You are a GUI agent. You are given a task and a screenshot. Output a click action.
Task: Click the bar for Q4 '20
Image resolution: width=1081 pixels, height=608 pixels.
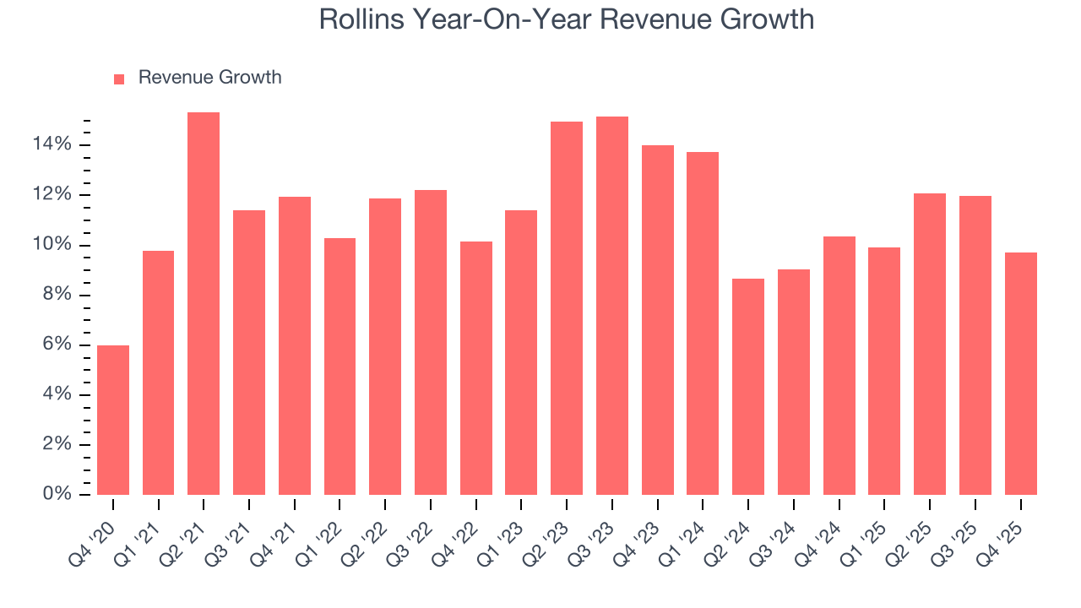[x=113, y=420]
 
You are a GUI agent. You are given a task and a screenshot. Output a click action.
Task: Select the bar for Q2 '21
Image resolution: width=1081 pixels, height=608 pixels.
[x=204, y=303]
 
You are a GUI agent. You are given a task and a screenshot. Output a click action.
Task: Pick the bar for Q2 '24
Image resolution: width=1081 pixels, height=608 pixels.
[x=748, y=387]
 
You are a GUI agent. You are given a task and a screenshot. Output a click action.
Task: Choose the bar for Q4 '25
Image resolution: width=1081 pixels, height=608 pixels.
[x=1020, y=373]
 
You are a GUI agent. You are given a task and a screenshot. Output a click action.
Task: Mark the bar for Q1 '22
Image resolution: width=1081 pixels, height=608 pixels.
[x=340, y=366]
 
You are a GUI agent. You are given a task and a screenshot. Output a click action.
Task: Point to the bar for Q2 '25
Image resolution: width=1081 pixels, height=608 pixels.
[x=930, y=344]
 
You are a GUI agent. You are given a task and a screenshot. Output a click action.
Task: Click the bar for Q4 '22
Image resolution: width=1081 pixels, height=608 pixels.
[x=476, y=368]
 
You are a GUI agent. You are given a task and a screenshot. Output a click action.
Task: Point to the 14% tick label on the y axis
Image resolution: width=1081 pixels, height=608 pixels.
[x=52, y=145]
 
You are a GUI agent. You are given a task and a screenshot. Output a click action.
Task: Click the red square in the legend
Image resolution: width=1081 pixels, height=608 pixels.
[x=119, y=79]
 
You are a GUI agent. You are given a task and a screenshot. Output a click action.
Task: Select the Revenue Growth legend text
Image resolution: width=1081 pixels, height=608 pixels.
[x=209, y=78]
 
